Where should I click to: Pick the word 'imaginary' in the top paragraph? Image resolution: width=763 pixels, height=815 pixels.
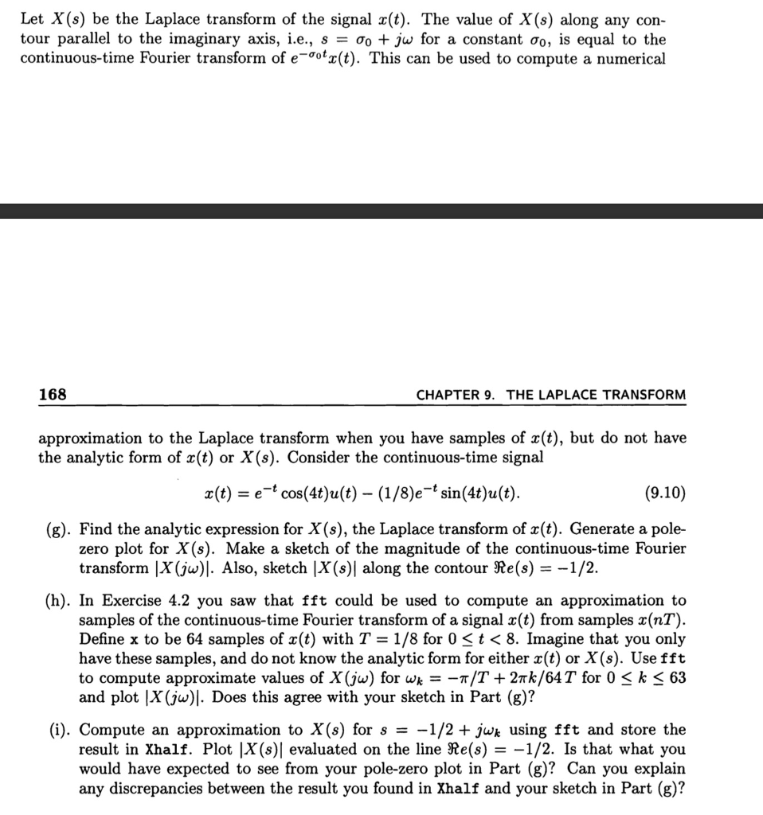click(174, 40)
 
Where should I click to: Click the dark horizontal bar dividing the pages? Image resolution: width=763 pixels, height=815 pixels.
click(381, 211)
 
